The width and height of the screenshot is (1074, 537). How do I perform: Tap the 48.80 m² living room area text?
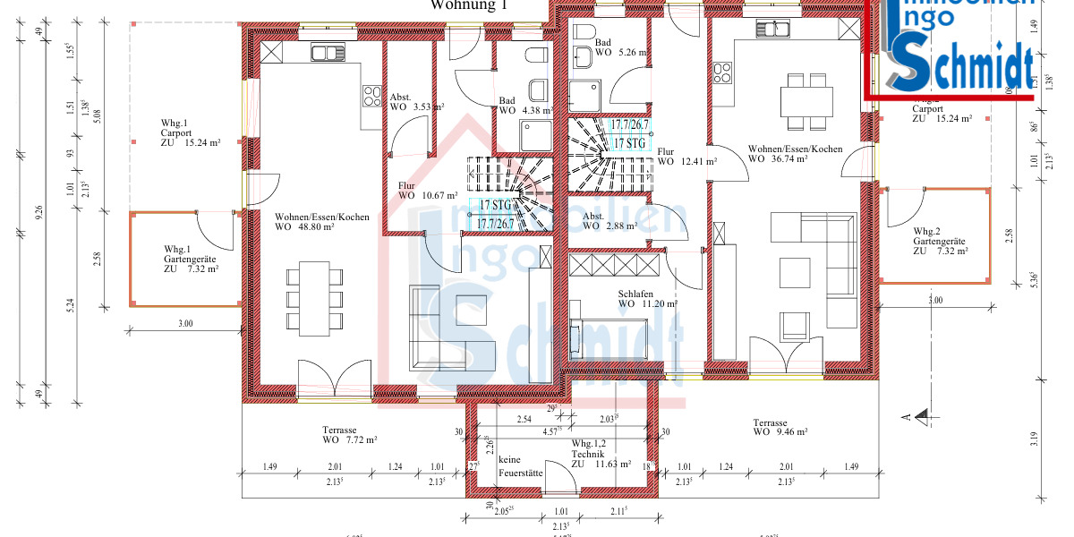304,227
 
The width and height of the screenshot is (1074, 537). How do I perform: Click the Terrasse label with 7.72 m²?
349,435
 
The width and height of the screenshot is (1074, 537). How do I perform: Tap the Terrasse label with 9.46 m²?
780,427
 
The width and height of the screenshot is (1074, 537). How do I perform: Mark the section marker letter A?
906,416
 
